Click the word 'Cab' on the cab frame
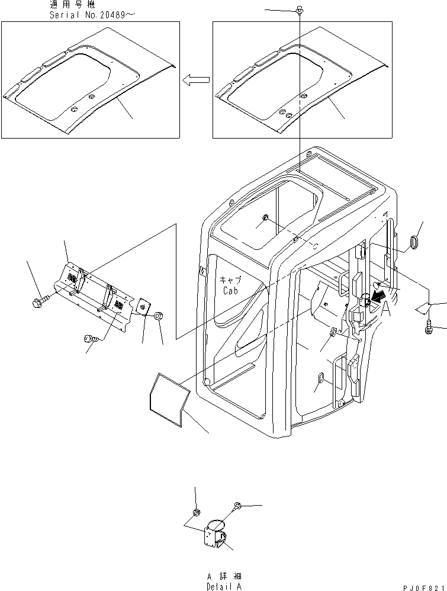[x=231, y=291]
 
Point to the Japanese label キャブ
[x=231, y=281]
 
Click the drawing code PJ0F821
[x=422, y=586]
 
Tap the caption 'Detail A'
[x=224, y=586]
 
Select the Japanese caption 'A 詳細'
[x=224, y=576]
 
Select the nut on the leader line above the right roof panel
[x=300, y=10]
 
